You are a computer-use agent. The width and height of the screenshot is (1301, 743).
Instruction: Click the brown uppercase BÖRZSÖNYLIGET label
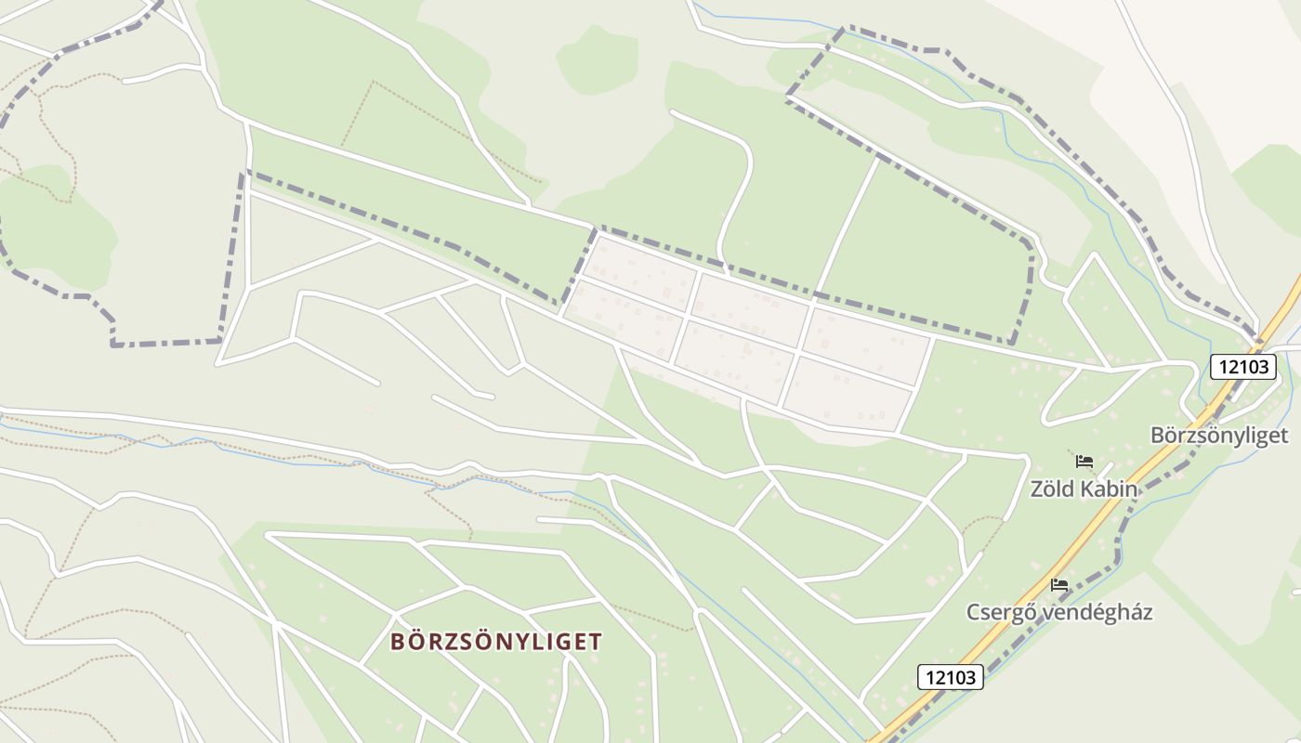click(496, 642)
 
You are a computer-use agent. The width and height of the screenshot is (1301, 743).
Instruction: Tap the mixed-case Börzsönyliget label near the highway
click(1219, 435)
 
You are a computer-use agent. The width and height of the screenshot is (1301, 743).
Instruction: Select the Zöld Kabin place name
click(1084, 489)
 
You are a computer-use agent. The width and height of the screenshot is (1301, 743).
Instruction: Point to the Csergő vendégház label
click(1059, 612)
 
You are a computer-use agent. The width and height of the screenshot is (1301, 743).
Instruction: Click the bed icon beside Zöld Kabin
click(1084, 462)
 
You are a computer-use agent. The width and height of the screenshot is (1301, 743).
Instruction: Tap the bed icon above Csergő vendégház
click(1059, 585)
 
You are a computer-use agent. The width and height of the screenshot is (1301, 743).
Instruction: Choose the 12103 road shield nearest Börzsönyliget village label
click(1243, 367)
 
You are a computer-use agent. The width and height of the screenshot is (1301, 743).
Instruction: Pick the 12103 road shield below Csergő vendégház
click(952, 677)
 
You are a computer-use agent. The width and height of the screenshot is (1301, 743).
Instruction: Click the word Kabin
click(1109, 489)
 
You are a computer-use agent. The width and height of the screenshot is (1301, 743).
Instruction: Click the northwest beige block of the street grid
click(642, 270)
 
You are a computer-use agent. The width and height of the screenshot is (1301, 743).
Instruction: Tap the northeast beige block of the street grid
click(868, 345)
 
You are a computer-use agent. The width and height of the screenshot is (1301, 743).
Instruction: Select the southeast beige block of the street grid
click(848, 394)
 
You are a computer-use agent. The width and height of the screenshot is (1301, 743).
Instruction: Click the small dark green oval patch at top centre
click(597, 59)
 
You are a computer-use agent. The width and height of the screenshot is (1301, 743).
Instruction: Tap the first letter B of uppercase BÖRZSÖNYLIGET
click(398, 642)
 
